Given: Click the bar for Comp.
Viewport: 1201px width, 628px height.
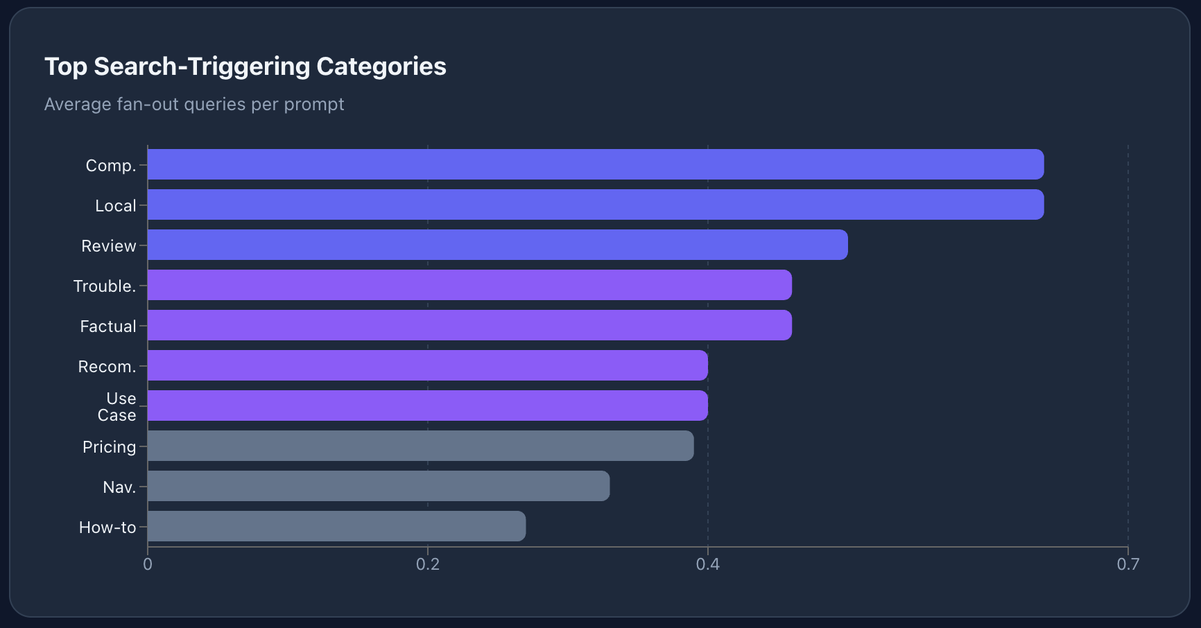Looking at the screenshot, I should click(595, 164).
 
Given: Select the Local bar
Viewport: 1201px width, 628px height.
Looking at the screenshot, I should click(595, 204).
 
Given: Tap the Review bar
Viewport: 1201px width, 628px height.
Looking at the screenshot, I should click(497, 245).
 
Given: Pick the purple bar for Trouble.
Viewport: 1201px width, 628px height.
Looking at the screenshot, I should click(469, 285).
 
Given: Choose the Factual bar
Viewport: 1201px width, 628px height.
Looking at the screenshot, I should click(469, 325).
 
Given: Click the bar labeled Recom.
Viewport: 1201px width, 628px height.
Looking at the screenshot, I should click(427, 365).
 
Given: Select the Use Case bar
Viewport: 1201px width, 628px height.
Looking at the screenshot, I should click(427, 405).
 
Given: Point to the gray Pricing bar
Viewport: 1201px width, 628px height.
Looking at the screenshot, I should click(420, 446).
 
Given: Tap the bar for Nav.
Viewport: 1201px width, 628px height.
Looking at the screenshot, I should click(379, 486).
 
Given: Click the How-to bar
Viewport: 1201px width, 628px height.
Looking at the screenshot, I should click(336, 526).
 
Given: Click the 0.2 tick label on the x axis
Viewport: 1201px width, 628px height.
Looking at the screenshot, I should click(428, 564).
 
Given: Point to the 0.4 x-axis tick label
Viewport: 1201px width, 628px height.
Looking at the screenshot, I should click(708, 564).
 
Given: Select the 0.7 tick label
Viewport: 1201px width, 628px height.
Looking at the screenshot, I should click(1127, 564).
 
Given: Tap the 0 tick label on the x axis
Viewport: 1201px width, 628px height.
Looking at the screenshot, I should click(148, 564).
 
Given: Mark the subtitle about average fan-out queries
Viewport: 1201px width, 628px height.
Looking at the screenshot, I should click(194, 104).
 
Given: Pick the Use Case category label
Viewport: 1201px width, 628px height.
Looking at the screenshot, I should click(117, 407).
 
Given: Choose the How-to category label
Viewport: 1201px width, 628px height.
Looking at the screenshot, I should click(107, 527).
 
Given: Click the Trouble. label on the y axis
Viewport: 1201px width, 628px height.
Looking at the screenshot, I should click(105, 286).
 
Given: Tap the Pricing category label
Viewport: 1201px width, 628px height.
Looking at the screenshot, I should click(109, 447).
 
